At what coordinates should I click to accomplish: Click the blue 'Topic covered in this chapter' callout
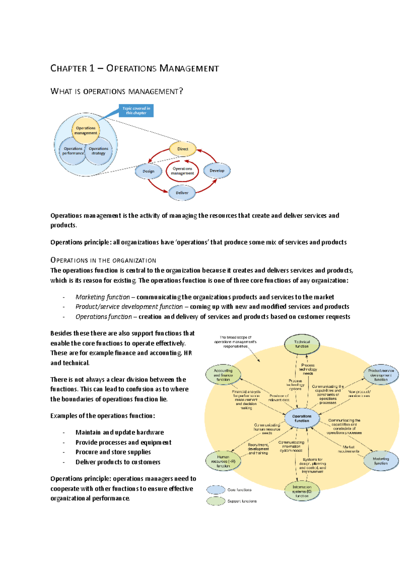pyautogui.click(x=136, y=110)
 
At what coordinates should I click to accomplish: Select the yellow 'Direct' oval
pyautogui.click(x=183, y=149)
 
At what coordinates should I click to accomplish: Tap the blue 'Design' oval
pyautogui.click(x=148, y=171)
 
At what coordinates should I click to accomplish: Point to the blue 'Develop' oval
pyautogui.click(x=217, y=170)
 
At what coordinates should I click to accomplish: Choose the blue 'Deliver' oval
pyautogui.click(x=182, y=193)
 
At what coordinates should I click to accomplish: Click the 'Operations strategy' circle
pyautogui.click(x=99, y=151)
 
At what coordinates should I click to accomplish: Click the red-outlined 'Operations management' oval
pyautogui.click(x=182, y=171)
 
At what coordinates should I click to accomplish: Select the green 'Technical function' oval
pyautogui.click(x=302, y=344)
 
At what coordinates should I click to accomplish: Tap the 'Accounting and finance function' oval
pyautogui.click(x=223, y=375)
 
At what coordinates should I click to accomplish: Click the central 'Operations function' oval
pyautogui.click(x=302, y=418)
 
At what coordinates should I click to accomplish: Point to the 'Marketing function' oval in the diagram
pyautogui.click(x=381, y=461)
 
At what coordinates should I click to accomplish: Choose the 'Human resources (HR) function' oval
pyautogui.click(x=223, y=461)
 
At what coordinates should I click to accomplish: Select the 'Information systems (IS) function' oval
pyautogui.click(x=302, y=491)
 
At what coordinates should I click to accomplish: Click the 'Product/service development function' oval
pyautogui.click(x=381, y=375)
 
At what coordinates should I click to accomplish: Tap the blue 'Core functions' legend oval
pyautogui.click(x=216, y=490)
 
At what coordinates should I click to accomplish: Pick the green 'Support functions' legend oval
pyautogui.click(x=216, y=501)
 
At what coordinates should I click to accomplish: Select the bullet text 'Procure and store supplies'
pyautogui.click(x=113, y=452)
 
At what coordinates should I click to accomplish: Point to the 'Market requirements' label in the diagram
pyautogui.click(x=348, y=449)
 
